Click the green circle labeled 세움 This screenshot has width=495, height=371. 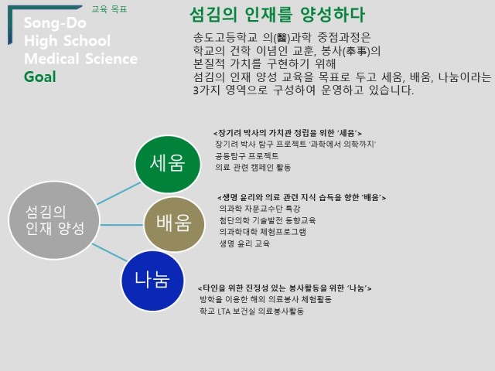point(168,164)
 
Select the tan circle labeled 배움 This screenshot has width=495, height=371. point(174,224)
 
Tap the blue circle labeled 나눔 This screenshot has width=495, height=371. point(152,281)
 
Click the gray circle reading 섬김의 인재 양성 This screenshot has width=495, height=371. point(54,220)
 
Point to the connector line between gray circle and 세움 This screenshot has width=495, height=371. point(118,193)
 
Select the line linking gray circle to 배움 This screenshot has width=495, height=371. point(122,225)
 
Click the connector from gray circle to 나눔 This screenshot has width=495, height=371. point(110,253)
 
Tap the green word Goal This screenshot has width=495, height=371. point(40,77)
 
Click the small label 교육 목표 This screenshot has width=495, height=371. point(109,9)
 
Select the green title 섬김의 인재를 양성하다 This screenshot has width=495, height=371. point(278,15)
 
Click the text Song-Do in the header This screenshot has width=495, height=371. point(55,22)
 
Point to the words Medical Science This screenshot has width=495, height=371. point(80,59)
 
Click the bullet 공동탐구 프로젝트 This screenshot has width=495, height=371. point(247,156)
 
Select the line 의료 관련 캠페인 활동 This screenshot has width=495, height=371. point(253,167)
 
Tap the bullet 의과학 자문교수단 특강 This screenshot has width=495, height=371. point(260,209)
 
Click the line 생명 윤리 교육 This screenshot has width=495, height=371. point(244,243)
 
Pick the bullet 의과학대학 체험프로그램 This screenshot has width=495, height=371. point(263,232)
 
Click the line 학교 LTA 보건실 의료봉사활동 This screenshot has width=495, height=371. point(251,311)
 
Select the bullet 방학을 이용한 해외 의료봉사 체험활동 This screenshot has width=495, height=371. point(266,299)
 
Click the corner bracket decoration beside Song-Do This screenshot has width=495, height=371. point(10,24)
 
